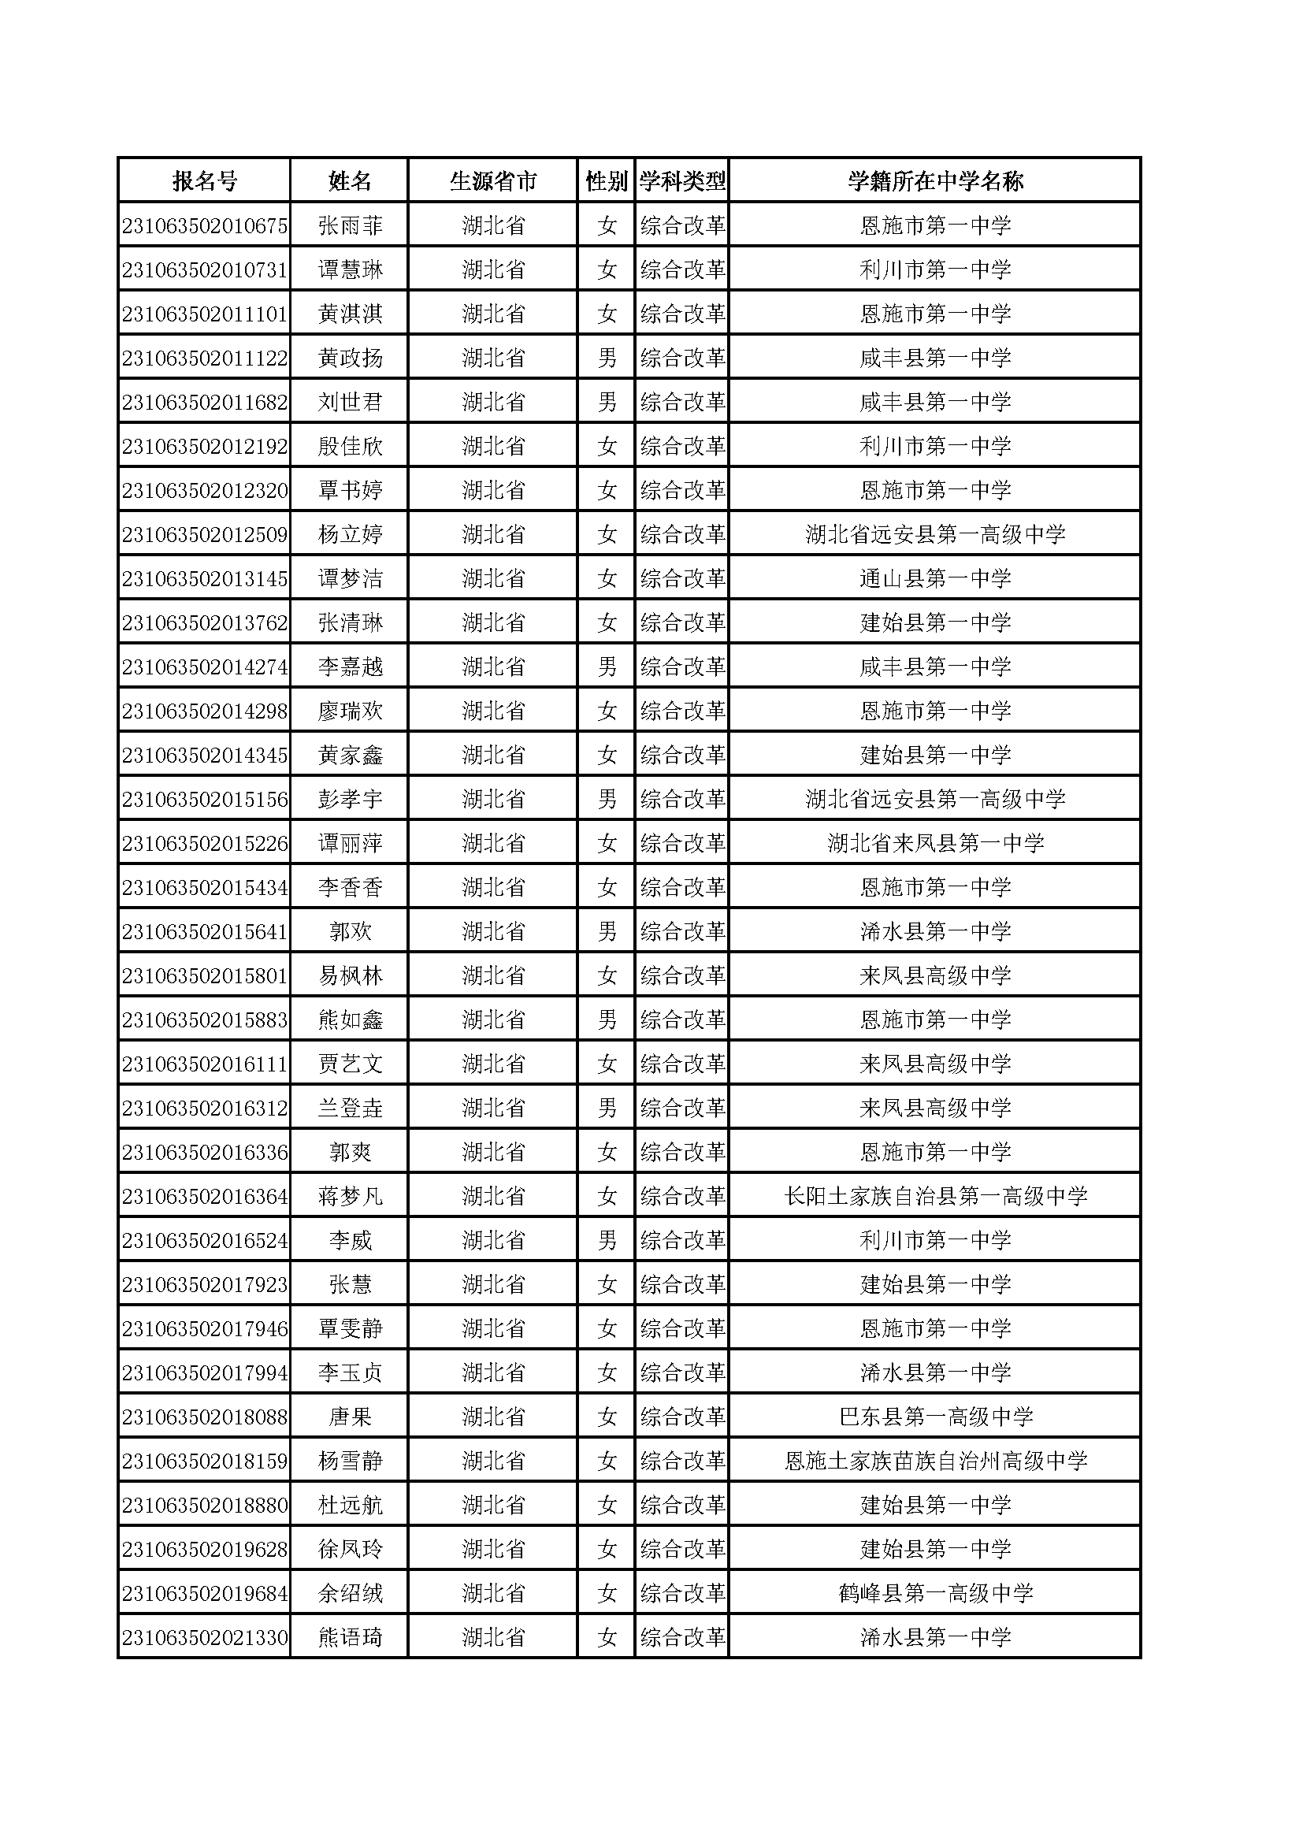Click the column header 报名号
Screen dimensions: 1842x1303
tap(205, 181)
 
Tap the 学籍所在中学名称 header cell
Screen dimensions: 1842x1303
tap(935, 181)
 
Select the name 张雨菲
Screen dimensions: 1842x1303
tap(350, 226)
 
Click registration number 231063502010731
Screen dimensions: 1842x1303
tap(205, 270)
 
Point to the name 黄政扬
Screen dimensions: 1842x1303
tap(350, 358)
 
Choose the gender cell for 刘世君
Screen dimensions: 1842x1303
tap(607, 403)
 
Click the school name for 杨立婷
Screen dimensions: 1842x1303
tap(935, 535)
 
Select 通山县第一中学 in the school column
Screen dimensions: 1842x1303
tap(935, 579)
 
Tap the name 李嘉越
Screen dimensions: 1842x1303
tap(350, 667)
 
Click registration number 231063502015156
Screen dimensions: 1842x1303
tap(205, 800)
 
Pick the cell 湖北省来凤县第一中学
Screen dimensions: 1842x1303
tap(935, 844)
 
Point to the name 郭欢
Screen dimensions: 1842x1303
tap(350, 932)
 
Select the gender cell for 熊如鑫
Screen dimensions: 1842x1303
tap(607, 1020)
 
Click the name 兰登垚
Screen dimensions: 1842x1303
tap(350, 1109)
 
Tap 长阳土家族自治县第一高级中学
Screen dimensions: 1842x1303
tap(935, 1197)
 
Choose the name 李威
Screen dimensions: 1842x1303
tap(350, 1241)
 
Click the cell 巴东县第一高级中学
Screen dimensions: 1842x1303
tap(935, 1417)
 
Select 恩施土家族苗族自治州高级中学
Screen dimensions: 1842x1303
tap(935, 1461)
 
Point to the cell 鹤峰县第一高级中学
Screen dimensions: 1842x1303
tap(935, 1594)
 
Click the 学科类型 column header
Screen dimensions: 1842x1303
tap(682, 181)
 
